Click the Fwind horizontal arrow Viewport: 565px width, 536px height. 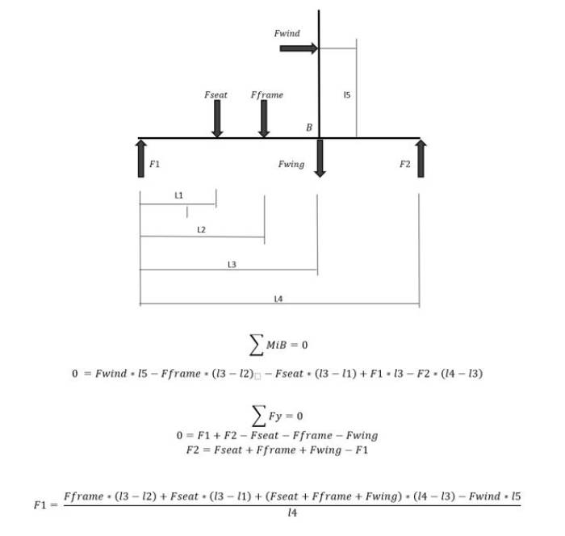[x=299, y=48]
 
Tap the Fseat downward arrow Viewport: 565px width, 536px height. [x=217, y=119]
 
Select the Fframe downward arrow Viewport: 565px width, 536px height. [x=264, y=119]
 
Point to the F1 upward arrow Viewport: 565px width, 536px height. [x=141, y=158]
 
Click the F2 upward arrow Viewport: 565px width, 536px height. [x=421, y=158]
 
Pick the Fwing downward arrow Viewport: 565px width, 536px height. [x=320, y=158]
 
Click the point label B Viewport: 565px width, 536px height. [x=309, y=128]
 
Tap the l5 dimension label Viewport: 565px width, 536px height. [x=346, y=94]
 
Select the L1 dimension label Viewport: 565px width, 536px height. [x=178, y=195]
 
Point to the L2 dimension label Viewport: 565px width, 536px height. [x=202, y=229]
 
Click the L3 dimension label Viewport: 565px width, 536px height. [x=232, y=265]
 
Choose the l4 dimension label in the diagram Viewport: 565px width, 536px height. [x=278, y=299]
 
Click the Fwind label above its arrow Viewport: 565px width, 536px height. [x=287, y=34]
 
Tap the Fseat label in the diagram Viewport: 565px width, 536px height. [x=216, y=94]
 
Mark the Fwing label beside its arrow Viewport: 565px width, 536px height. [x=291, y=165]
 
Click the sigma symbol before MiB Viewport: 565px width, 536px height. [x=256, y=345]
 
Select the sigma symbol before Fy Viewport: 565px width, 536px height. [x=259, y=416]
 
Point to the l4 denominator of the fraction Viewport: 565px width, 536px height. [x=292, y=513]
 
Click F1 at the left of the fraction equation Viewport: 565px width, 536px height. [x=40, y=505]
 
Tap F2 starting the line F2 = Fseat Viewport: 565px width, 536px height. [x=193, y=450]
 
